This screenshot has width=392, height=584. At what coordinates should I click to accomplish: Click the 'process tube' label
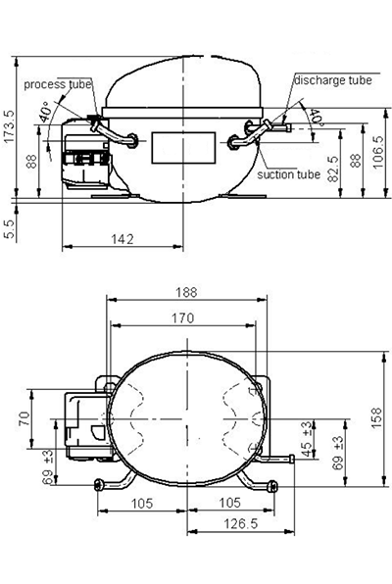(58, 84)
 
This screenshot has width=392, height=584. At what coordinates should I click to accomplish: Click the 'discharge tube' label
(333, 80)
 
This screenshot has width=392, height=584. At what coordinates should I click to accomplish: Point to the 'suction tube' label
(289, 174)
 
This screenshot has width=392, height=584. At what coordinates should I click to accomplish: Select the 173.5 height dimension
(9, 125)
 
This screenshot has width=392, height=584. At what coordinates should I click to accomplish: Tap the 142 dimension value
(122, 239)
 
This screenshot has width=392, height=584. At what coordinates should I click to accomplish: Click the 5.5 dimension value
(9, 228)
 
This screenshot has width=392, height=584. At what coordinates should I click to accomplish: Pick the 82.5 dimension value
(333, 169)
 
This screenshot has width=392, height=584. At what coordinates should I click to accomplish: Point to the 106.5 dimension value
(377, 152)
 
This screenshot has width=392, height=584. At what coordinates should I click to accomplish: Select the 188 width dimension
(186, 292)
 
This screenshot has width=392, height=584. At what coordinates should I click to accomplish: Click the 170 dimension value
(183, 317)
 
